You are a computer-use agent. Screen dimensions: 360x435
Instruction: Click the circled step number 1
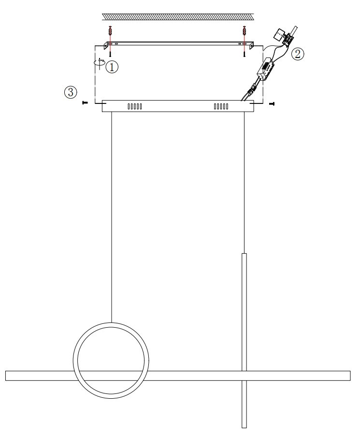(112, 67)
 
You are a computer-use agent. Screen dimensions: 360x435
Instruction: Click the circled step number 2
(297, 54)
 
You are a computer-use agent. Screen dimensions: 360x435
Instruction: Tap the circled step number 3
(71, 92)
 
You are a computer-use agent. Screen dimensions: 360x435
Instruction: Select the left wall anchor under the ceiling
(110, 31)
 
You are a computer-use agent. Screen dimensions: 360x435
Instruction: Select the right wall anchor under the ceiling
(245, 31)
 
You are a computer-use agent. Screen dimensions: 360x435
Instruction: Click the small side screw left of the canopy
(86, 103)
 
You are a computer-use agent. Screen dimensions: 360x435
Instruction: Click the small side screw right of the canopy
(272, 104)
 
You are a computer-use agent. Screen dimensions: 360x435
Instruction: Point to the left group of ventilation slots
(135, 106)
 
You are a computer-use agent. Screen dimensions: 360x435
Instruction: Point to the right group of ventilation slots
(221, 106)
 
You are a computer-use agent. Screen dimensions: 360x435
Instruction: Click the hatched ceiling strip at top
(178, 16)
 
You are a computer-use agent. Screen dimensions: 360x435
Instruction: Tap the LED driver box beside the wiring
(266, 69)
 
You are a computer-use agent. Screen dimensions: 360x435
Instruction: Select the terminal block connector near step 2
(288, 38)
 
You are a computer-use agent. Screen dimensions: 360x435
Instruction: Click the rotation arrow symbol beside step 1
(100, 63)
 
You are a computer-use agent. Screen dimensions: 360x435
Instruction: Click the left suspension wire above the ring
(112, 217)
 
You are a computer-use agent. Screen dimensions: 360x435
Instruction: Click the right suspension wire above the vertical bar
(244, 183)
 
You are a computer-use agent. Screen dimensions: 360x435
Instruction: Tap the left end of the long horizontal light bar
(6, 376)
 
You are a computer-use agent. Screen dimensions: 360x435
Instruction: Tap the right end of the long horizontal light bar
(350, 376)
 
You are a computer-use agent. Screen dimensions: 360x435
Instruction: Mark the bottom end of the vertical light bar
(244, 427)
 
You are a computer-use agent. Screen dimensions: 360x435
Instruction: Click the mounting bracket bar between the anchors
(179, 44)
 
